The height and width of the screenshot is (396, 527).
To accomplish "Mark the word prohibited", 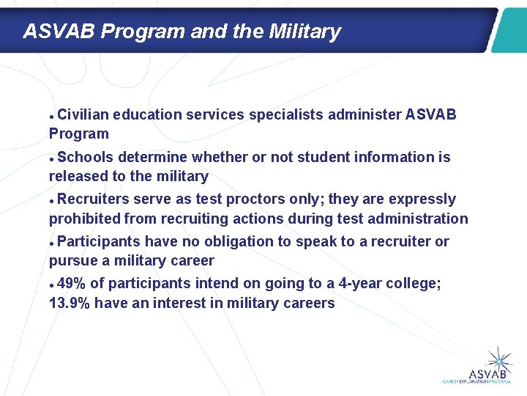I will [85, 219].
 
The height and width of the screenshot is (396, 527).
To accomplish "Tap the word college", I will [413, 284].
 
